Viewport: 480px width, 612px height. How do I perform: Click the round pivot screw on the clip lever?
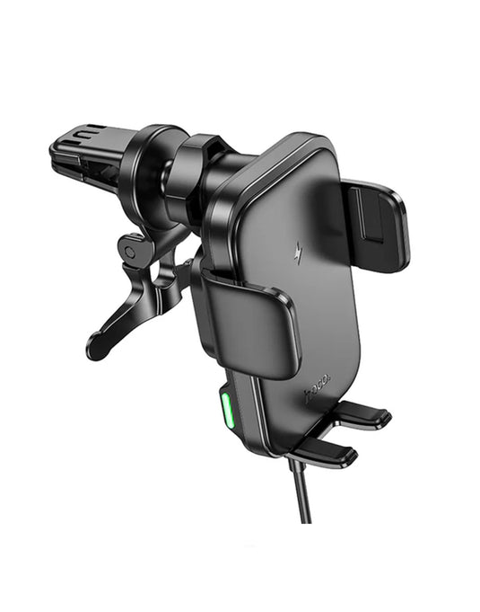tap(131, 253)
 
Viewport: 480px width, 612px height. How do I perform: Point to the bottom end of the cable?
tap(306, 519)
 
